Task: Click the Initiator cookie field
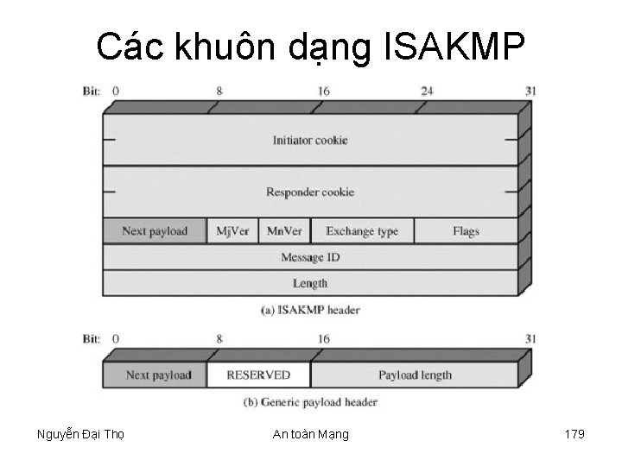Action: [x=310, y=140]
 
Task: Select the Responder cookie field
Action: [x=310, y=192]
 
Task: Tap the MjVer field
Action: [x=232, y=231]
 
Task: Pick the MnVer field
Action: [x=284, y=231]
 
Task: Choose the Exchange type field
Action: [x=362, y=231]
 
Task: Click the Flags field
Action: [x=466, y=231]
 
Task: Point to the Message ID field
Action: [x=310, y=257]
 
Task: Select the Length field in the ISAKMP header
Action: [x=310, y=283]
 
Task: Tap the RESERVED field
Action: [x=258, y=375]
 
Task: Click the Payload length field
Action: [x=415, y=375]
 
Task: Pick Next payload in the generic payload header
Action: [x=155, y=375]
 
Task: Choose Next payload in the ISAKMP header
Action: [x=155, y=231]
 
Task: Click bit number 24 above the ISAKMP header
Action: [x=427, y=90]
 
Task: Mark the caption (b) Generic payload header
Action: [x=311, y=401]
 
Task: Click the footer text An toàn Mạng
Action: [x=310, y=434]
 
